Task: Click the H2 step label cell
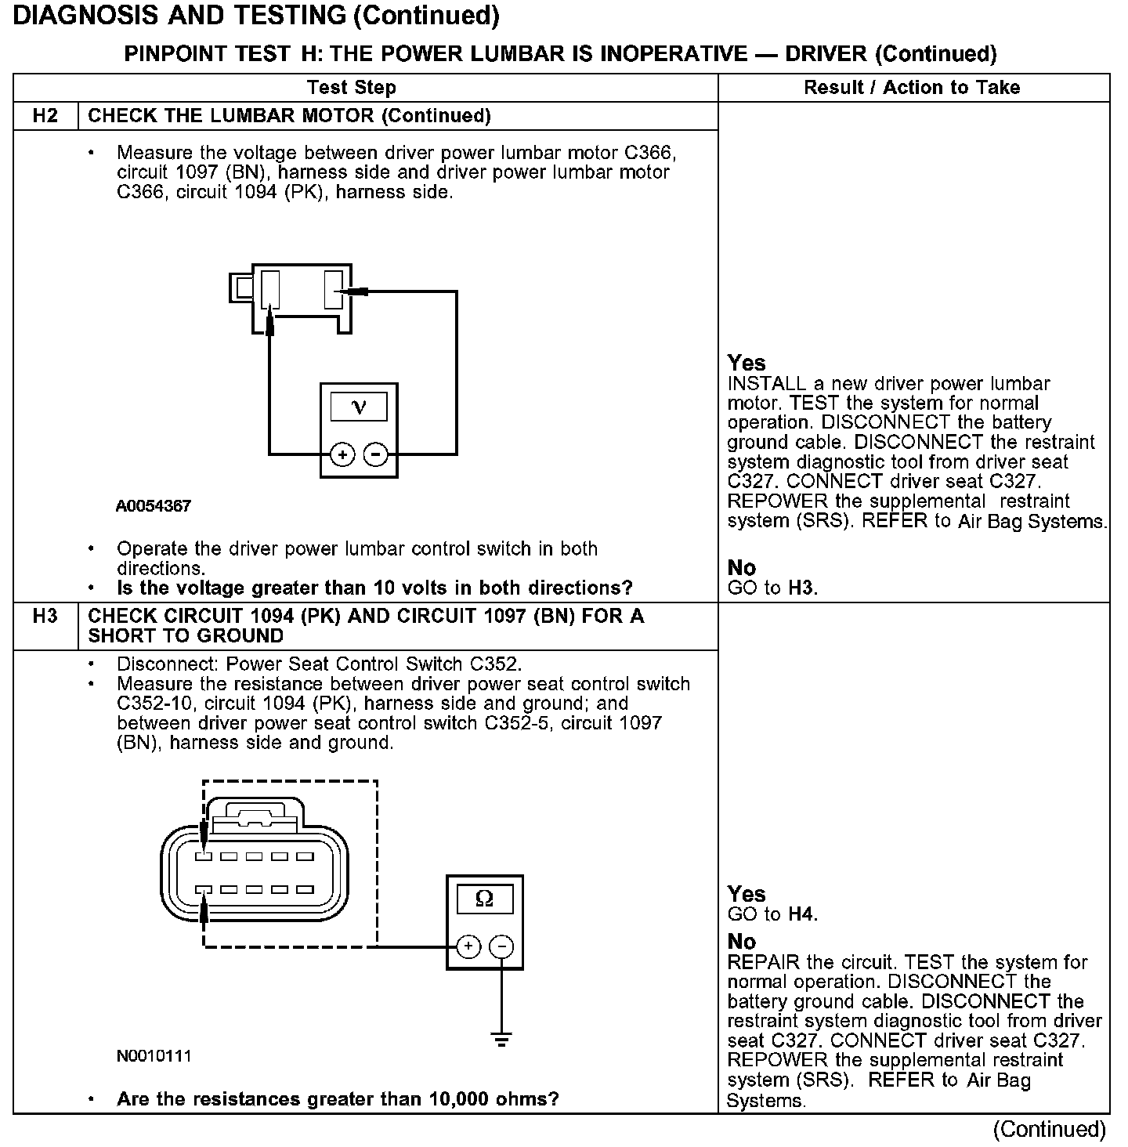pos(45,116)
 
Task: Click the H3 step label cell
pos(45,617)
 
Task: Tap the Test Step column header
pos(352,88)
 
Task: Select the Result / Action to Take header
pos(912,88)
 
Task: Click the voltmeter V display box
pos(359,407)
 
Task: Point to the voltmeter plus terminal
pos(342,454)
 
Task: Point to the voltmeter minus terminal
pos(377,454)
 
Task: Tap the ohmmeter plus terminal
pos(468,946)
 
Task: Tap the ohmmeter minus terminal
pos(501,946)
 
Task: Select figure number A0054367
pos(154,506)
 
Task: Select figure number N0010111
pos(154,1056)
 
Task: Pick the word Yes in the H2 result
pos(747,363)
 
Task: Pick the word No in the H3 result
pos(741,941)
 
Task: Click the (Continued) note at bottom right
pos(1050,1129)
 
